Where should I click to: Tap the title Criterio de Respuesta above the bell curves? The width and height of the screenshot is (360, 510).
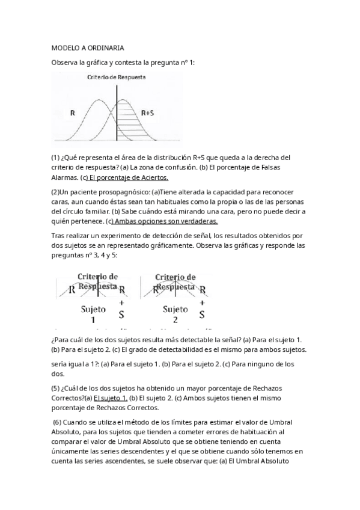[x=116, y=78]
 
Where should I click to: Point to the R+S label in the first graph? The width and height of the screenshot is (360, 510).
[x=147, y=112]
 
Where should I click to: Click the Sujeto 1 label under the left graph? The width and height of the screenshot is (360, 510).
[x=93, y=314]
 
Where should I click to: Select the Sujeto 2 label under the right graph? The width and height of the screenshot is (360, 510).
[x=175, y=314]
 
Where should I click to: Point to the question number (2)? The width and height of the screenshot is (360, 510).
[x=55, y=192]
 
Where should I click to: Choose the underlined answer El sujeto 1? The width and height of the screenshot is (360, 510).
[x=110, y=398]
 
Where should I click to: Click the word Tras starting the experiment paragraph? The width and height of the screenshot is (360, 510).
[x=58, y=235]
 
